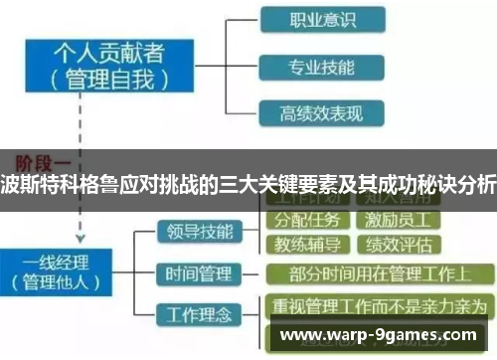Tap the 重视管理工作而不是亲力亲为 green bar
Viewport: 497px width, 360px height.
tap(379, 304)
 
